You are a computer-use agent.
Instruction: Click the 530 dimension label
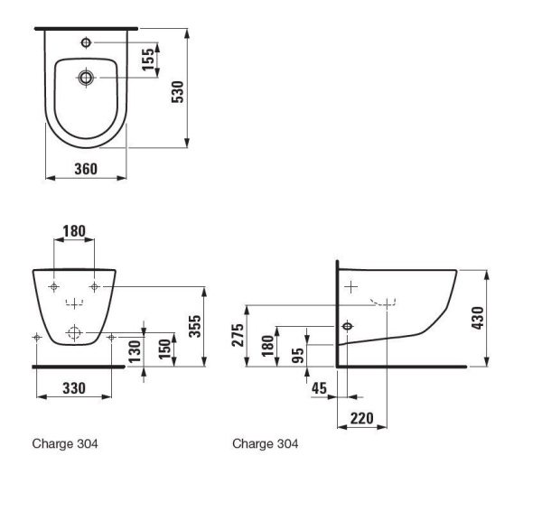click(178, 92)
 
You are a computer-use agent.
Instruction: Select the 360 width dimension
click(86, 169)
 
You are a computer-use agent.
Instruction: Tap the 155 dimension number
click(148, 60)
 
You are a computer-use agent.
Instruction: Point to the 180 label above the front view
click(74, 231)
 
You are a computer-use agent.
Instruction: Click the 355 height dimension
click(195, 326)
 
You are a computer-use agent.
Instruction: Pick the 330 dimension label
click(74, 388)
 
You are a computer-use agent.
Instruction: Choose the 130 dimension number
click(135, 352)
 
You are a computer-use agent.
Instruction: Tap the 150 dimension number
click(165, 349)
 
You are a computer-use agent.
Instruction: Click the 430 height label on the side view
click(478, 318)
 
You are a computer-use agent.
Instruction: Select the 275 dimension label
click(238, 335)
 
